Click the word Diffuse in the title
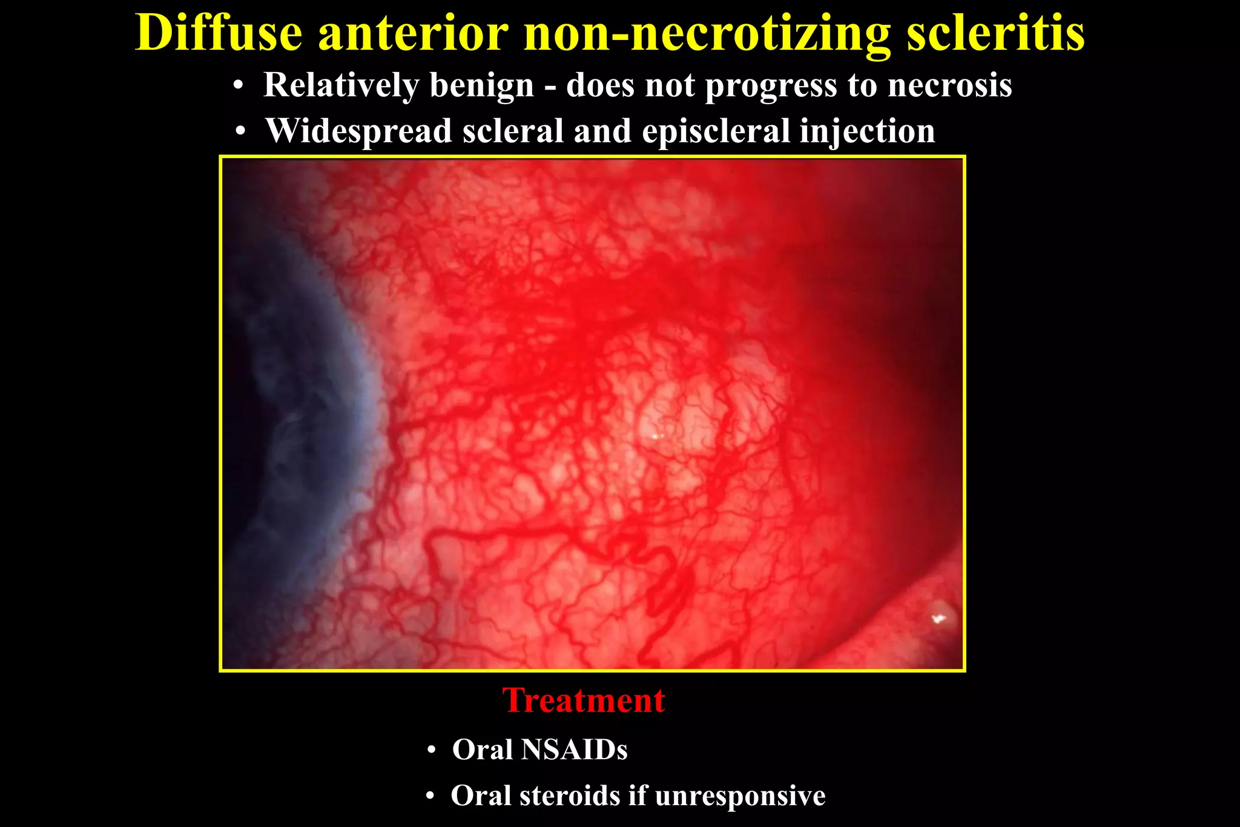pos(219,33)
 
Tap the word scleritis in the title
pos(995,33)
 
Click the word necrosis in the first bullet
pos(949,85)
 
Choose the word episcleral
pos(716,131)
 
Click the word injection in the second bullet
pos(867,131)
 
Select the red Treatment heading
pos(584,700)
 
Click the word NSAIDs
pos(573,750)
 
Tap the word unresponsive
pos(740,796)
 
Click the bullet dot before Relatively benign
pos(239,87)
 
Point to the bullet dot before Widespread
pos(241,132)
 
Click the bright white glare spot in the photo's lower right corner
pos(938,618)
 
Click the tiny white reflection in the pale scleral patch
pos(657,435)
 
